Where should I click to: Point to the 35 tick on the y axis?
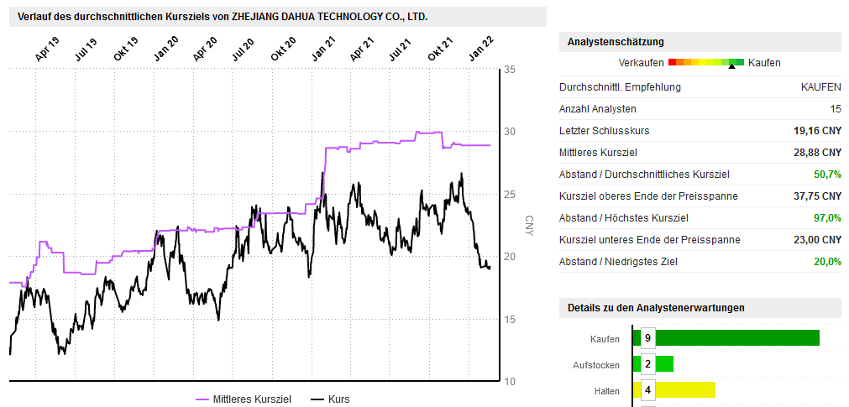coord(510,70)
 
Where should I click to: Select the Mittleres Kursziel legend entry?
coord(244,399)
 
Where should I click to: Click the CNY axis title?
coord(530,226)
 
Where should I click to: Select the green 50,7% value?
coord(827,175)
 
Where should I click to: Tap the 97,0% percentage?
coord(827,218)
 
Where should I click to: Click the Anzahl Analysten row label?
coord(598,109)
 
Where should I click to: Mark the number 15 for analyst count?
coord(836,109)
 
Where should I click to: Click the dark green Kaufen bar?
coord(726,338)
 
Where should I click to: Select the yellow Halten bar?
coord(673,389)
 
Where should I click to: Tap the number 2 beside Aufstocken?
coord(647,364)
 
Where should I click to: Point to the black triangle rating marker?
coord(732,66)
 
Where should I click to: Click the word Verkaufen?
coord(641,63)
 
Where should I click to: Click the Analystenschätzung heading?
coord(616,42)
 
